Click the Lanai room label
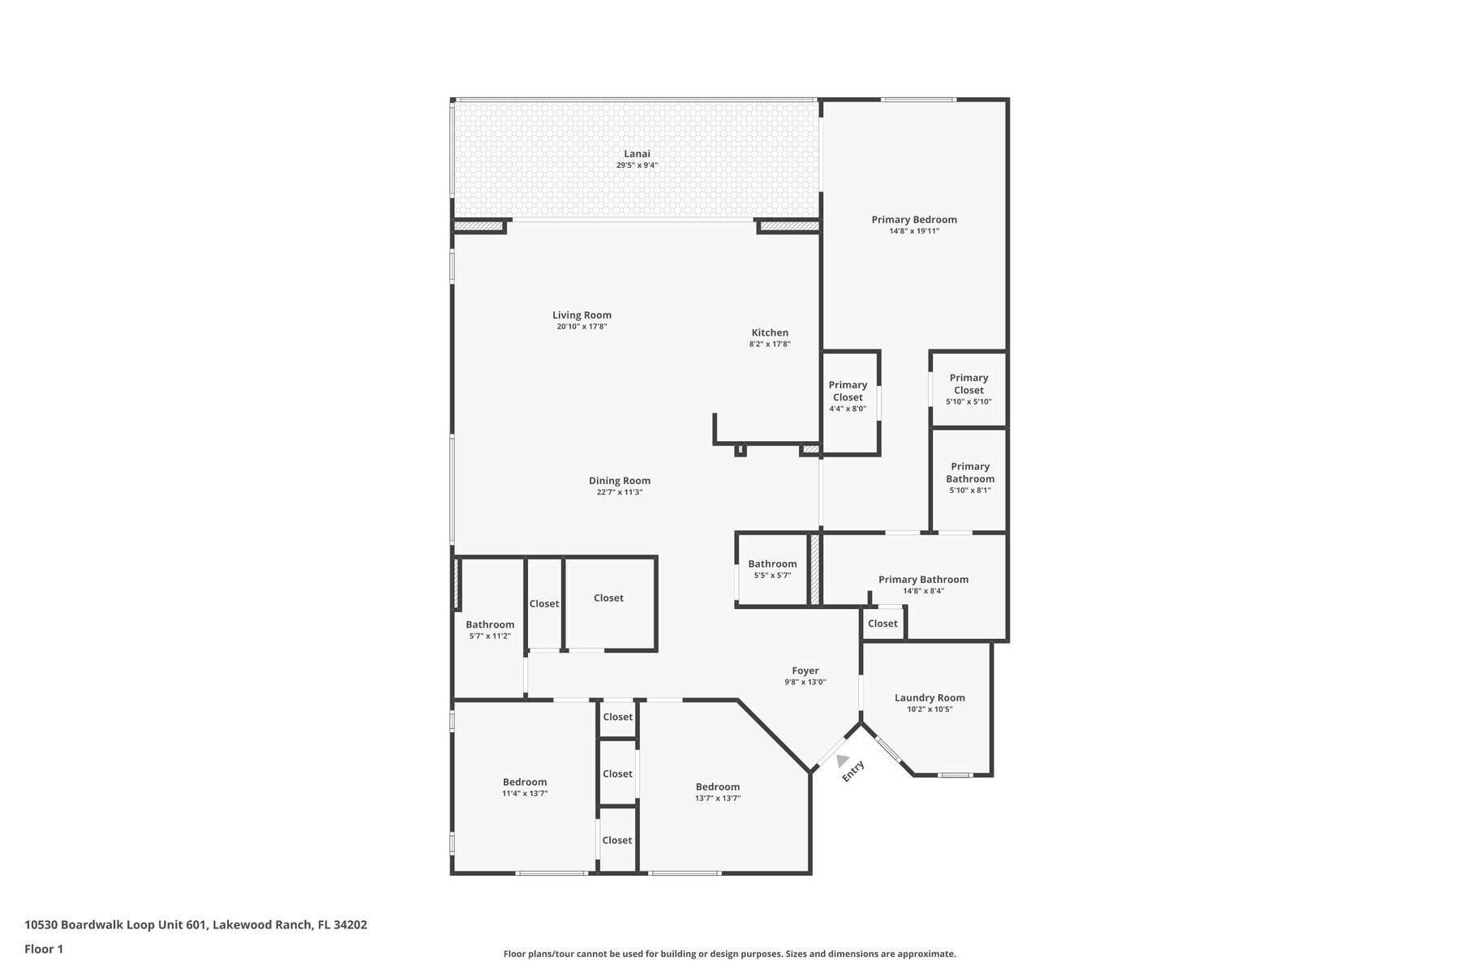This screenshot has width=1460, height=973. [637, 154]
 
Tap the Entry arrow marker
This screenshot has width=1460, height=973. [843, 761]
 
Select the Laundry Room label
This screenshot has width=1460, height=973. [930, 697]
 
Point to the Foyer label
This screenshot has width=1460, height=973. [805, 671]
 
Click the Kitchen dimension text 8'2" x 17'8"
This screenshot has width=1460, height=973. [770, 344]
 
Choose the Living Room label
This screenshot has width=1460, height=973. [582, 315]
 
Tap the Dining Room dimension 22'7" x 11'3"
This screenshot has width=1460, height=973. [620, 492]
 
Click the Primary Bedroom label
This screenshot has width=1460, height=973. [914, 220]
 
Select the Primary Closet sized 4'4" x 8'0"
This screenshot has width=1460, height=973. [848, 396]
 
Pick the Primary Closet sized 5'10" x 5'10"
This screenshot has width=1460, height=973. [968, 389]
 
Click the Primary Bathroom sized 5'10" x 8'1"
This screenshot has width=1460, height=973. [970, 478]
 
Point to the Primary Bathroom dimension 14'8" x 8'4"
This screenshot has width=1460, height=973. [923, 591]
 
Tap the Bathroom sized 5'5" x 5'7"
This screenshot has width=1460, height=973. [772, 569]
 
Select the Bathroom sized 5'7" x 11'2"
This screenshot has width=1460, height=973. [490, 630]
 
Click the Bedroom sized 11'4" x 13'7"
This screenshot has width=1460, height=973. [525, 788]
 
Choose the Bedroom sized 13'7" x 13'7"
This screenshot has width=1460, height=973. [718, 792]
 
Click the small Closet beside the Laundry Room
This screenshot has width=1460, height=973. [882, 624]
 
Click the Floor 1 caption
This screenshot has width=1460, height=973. [44, 949]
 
